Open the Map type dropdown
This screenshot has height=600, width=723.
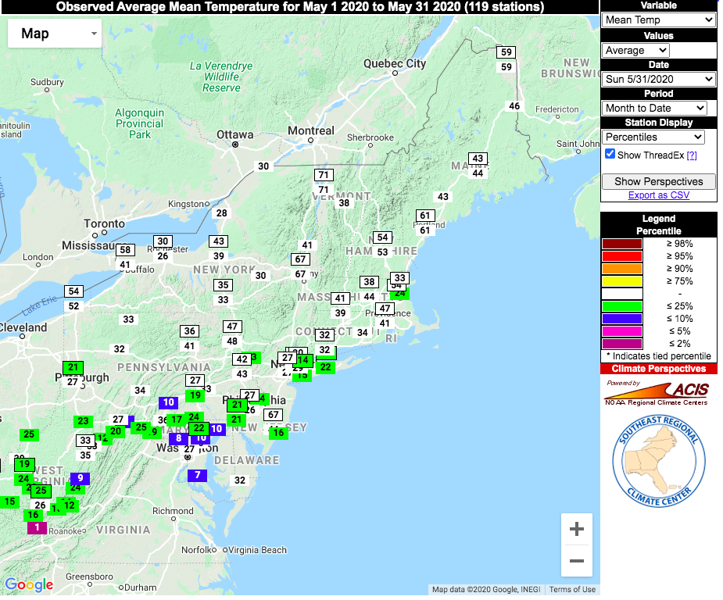55,33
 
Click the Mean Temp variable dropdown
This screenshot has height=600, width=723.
659,20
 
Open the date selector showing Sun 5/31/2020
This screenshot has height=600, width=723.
659,79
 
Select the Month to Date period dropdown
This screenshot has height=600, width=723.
654,108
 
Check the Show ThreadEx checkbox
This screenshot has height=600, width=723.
610,155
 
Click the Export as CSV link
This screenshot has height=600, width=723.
658,195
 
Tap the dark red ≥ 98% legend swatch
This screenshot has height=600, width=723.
621,244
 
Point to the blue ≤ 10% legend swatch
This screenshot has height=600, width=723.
621,319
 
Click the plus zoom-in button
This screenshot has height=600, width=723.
577,530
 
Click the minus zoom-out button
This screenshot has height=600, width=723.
577,561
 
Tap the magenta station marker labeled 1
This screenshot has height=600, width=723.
36,527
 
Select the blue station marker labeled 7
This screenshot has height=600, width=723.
197,475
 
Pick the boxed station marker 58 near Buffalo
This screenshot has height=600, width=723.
125,250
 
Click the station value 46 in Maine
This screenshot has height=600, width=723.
514,106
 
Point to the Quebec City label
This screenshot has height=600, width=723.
396,63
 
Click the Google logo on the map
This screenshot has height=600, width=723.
29,584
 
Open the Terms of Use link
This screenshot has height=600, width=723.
571,590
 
